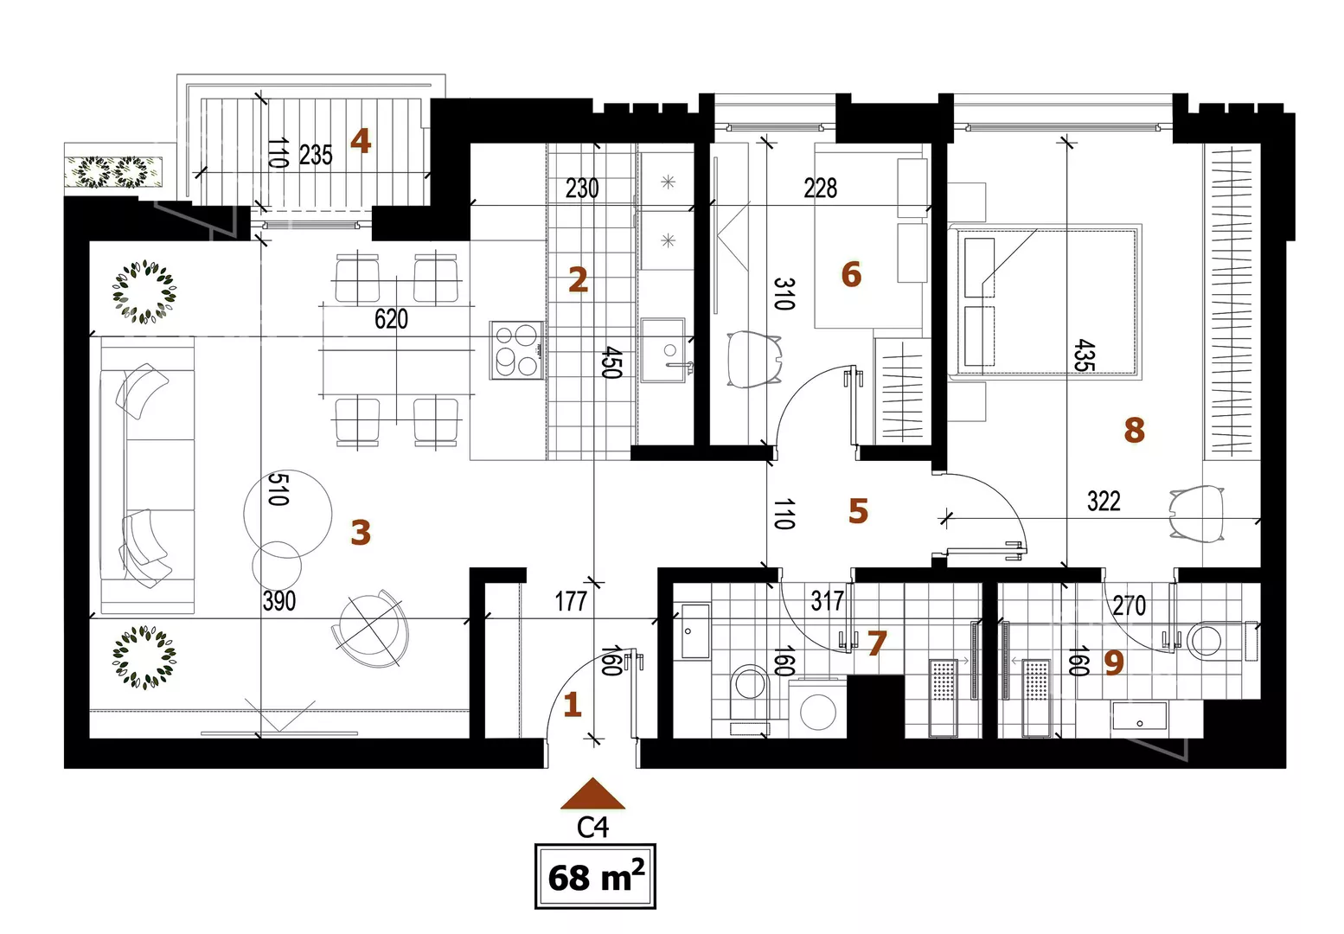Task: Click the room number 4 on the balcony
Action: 361,142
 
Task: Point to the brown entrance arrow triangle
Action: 592,794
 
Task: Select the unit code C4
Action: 592,828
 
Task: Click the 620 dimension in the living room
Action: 391,319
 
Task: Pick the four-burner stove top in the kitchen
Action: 517,350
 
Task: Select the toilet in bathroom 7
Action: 750,698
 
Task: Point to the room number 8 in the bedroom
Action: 1134,430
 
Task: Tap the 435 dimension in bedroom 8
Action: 1085,355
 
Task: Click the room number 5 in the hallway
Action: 858,511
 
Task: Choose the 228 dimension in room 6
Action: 820,188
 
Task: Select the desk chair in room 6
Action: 754,359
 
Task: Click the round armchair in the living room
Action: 371,628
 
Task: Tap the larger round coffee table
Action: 288,514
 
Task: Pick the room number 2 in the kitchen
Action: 578,280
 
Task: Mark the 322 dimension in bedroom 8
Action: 1104,501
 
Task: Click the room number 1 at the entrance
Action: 573,705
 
